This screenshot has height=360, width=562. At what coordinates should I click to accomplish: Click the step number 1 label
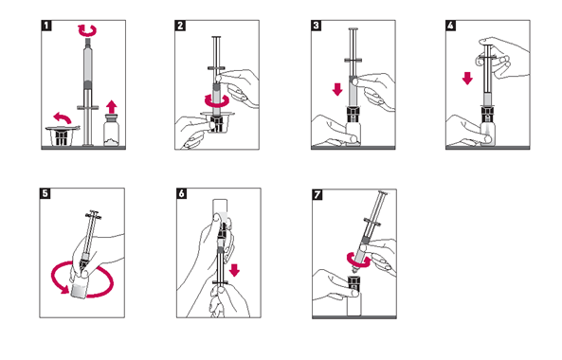pos(46,26)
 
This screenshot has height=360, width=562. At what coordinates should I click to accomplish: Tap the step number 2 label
pos(180,26)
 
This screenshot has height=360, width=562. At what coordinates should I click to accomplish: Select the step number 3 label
pos(317,26)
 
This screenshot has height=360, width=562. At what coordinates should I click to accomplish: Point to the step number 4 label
pos(451,26)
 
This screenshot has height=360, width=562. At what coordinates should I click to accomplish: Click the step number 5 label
pos(45,193)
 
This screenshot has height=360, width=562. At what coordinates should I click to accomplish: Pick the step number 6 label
pos(182,193)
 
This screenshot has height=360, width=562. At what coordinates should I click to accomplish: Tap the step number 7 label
pos(317,194)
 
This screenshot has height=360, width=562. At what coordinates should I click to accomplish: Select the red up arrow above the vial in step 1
pos(112,107)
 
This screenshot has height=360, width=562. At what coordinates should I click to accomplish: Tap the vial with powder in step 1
pos(111,130)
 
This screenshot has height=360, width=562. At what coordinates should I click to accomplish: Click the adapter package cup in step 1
pos(62,136)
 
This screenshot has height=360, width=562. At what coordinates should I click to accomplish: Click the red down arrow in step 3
pos(337,89)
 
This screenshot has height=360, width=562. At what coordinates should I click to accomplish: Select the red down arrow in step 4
pos(467,78)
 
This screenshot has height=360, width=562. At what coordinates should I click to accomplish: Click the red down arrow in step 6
pos(234,270)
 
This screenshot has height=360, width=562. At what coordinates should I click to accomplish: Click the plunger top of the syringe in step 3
pos(354,29)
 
